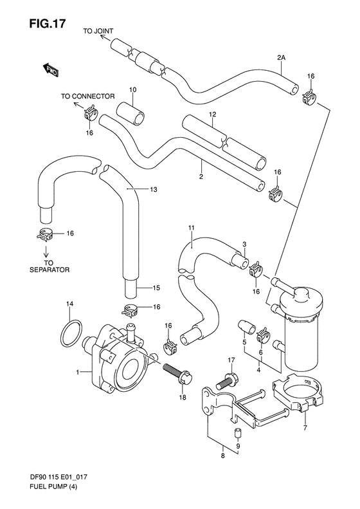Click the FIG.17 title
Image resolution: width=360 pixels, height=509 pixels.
pos(48,23)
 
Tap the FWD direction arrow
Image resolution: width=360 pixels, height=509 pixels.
pos(50,69)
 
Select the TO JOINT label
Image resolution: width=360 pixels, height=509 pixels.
pos(98,31)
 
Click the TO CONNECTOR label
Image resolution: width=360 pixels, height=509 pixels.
pos(88,97)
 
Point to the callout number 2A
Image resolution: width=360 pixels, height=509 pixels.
pos(281,58)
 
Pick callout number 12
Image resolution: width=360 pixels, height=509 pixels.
pos(212,115)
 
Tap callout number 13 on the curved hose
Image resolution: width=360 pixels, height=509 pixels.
pos(154,189)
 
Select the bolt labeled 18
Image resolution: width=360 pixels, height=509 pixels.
pos(177,373)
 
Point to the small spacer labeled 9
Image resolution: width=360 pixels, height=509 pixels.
pos(237,432)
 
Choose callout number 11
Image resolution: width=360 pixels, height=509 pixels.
pos(192,228)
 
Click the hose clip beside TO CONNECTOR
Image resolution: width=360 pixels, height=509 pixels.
pos(90,113)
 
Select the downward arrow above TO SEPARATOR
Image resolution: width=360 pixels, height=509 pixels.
pos(46,250)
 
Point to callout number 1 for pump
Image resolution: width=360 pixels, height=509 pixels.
pos(78,373)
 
